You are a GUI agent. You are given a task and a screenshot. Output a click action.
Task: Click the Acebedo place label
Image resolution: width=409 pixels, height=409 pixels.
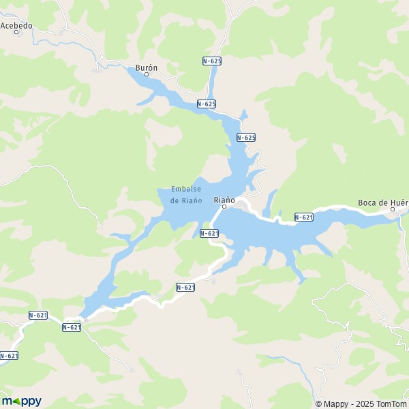17,25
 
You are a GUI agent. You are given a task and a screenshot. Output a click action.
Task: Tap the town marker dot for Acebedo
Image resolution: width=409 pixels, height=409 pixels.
16,32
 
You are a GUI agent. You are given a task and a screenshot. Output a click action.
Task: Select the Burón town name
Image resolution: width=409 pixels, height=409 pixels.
147,67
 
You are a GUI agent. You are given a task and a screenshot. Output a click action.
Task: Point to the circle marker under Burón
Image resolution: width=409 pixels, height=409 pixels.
147,74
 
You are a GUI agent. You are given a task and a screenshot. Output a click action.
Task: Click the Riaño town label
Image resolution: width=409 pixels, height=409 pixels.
224,200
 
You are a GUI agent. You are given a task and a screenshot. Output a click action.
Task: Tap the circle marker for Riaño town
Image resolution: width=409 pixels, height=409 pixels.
224,207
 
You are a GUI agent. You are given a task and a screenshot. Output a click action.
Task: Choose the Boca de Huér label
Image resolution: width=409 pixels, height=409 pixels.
382,202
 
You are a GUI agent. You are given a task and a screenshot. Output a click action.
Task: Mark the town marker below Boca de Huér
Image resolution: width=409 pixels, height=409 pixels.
393,209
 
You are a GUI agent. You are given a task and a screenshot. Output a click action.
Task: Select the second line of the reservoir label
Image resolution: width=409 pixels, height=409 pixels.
186,200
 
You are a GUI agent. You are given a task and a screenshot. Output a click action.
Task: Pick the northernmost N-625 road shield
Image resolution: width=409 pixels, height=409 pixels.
212,61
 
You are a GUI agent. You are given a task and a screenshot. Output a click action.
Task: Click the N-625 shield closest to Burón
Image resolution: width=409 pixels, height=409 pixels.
206,104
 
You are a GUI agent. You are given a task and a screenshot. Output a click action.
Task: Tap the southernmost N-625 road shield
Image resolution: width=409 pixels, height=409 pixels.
246,137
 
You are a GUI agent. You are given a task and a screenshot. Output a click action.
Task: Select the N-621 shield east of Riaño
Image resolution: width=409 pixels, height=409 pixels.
303,217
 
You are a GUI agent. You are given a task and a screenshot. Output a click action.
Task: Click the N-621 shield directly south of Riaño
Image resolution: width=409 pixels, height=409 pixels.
209,233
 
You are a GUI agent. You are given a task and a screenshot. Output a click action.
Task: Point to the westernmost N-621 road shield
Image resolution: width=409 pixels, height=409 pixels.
8,355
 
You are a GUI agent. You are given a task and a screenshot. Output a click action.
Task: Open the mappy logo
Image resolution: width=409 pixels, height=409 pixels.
21,401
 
